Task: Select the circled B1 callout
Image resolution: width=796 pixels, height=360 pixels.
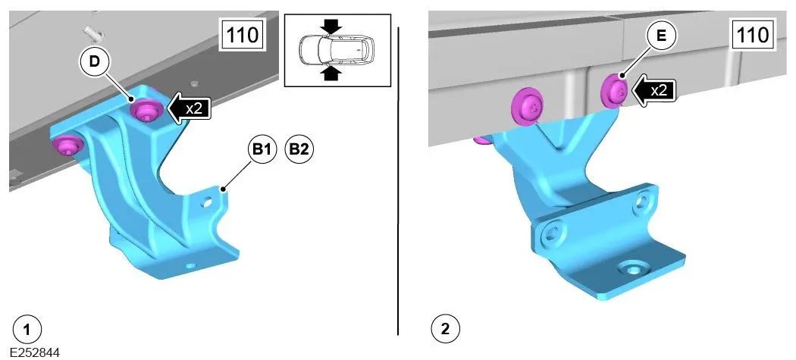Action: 262,149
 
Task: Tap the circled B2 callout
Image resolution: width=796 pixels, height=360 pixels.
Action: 299,149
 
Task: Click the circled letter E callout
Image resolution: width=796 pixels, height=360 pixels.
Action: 660,36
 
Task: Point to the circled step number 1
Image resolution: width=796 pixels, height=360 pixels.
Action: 27,330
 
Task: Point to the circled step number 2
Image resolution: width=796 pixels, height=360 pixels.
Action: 445,329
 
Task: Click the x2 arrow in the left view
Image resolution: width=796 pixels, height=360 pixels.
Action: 188,108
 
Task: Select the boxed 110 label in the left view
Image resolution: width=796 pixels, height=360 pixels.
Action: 242,36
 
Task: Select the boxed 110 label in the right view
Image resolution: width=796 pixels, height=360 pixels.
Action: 754,35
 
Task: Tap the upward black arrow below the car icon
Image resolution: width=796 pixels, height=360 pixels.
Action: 331,73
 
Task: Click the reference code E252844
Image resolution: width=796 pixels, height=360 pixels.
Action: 34,352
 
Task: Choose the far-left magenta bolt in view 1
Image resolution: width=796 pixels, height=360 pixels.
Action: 68,146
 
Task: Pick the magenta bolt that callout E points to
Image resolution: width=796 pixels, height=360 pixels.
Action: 616,90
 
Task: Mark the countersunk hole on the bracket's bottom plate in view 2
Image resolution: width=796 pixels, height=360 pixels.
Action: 632,268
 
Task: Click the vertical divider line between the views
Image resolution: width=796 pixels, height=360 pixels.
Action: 399,181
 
